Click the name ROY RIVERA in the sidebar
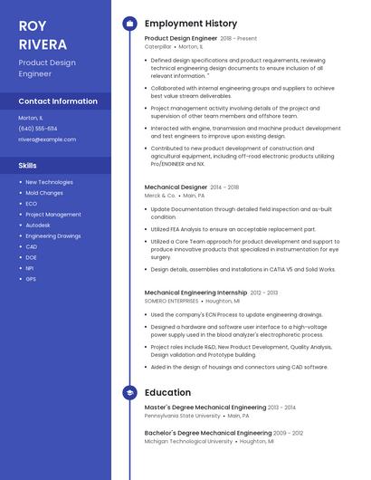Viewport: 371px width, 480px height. pyautogui.click(x=42, y=34)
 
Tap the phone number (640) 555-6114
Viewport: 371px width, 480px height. pyautogui.click(x=37, y=129)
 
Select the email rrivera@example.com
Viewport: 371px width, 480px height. pyautogui.click(x=47, y=139)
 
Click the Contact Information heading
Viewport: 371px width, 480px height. pyautogui.click(x=58, y=101)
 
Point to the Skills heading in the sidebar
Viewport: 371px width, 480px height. pyautogui.click(x=28, y=166)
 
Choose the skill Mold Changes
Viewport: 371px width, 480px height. pyautogui.click(x=44, y=193)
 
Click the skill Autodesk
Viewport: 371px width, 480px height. pyautogui.click(x=38, y=225)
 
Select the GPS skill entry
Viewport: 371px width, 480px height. pyautogui.click(x=31, y=279)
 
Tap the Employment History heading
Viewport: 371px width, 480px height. pyautogui.click(x=191, y=24)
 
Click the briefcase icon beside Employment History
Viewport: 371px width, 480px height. pyautogui.click(x=129, y=24)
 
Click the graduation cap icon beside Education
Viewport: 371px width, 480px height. pyautogui.click(x=129, y=393)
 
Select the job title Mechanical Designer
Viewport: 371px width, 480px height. pyautogui.click(x=176, y=187)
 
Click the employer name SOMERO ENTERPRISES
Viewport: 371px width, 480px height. pyautogui.click(x=172, y=301)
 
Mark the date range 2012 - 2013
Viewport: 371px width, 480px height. pyautogui.click(x=264, y=293)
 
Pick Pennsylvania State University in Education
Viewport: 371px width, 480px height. pyautogui.click(x=182, y=416)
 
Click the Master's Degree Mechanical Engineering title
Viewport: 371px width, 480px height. pyautogui.click(x=205, y=408)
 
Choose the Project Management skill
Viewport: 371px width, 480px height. pyautogui.click(x=53, y=215)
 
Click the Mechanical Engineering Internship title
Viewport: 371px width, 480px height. pyautogui.click(x=195, y=293)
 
